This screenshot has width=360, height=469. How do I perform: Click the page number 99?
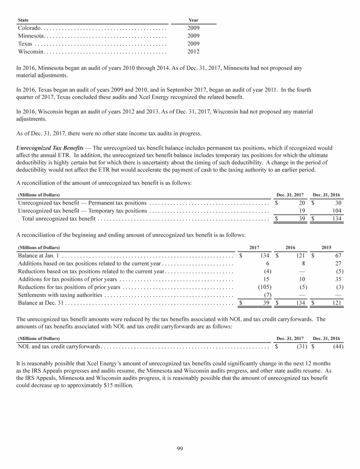(x=180, y=449)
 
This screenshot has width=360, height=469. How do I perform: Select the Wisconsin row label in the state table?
(x=31, y=52)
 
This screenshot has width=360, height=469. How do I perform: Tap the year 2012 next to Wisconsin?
(x=193, y=52)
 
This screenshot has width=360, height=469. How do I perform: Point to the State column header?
(x=22, y=20)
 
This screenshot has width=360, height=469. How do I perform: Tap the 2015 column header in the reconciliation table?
(x=327, y=247)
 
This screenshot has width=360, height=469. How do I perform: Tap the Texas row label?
(x=25, y=44)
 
